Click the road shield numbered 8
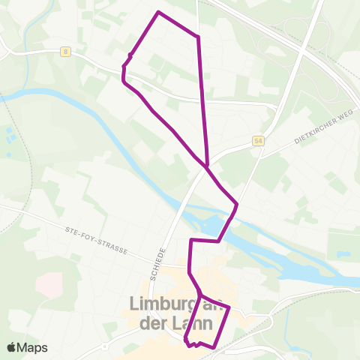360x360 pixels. pyautogui.click(x=66, y=52)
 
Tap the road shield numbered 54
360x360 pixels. pyautogui.click(x=258, y=141)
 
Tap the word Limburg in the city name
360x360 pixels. pyautogui.click(x=161, y=306)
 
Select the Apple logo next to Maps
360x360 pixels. pyautogui.click(x=12, y=347)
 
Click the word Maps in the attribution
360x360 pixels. pyautogui.click(x=32, y=347)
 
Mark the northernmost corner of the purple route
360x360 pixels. pyautogui.click(x=158, y=12)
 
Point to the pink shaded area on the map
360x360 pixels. pyautogui.click(x=49, y=283)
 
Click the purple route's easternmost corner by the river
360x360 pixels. pyautogui.click(x=237, y=203)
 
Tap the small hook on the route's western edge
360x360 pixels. pyautogui.click(x=130, y=55)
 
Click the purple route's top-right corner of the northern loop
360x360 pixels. pyautogui.click(x=198, y=36)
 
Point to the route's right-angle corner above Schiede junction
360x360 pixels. pyautogui.click(x=192, y=241)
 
